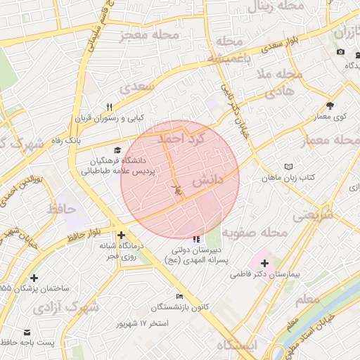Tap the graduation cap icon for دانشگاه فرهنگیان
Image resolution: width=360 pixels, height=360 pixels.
[x=117, y=150]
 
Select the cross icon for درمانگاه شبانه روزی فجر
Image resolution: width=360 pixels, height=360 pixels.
[x=122, y=236]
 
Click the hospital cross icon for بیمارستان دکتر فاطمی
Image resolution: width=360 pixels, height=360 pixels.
[x=264, y=263]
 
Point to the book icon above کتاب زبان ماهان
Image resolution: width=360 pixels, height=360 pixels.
[x=288, y=167]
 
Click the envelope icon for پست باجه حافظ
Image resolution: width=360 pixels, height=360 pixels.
[x=27, y=332]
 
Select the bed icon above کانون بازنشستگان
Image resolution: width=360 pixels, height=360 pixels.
[x=179, y=296]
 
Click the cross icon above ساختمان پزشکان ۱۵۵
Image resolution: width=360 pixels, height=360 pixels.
[x=34, y=278]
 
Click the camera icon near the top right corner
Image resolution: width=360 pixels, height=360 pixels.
[x=340, y=52]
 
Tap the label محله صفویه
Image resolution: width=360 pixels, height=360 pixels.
[x=255, y=231]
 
